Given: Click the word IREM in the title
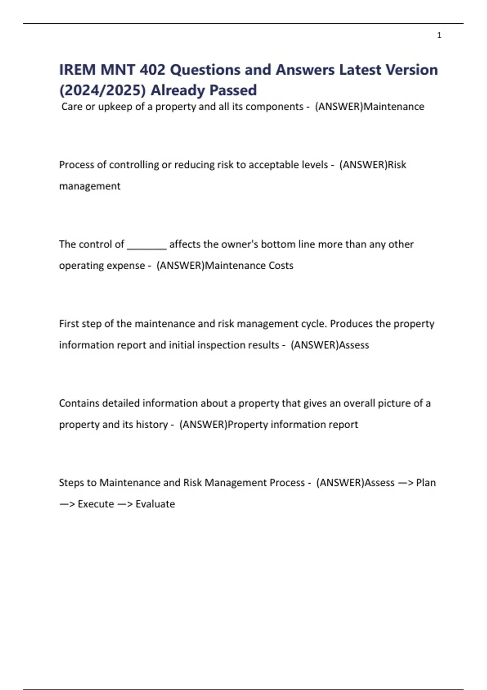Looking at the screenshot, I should click(x=78, y=70).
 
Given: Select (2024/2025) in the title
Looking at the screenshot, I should click(x=102, y=90).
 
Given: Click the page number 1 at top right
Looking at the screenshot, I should click(x=439, y=35).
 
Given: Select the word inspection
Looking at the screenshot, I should click(x=223, y=345).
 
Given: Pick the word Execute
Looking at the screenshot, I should click(x=96, y=504).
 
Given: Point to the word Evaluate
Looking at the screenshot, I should click(x=155, y=504).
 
